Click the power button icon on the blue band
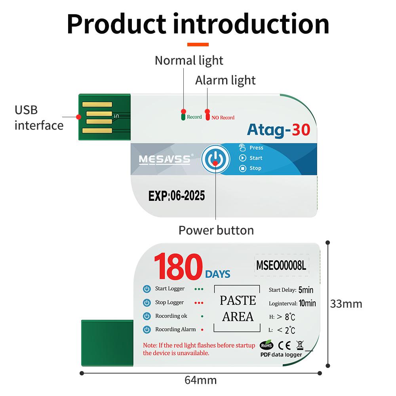215,159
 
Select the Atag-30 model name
278,130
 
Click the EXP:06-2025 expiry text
177,196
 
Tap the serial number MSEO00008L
281,265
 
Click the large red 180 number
178,267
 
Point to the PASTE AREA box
237,308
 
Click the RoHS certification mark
267,345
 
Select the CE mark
284,345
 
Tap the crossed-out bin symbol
300,345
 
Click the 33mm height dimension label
346,304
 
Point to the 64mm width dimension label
201,380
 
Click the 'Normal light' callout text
189,61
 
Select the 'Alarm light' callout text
225,80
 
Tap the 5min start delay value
306,290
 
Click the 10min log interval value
307,303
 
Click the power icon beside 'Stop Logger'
147,303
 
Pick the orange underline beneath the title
198,44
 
